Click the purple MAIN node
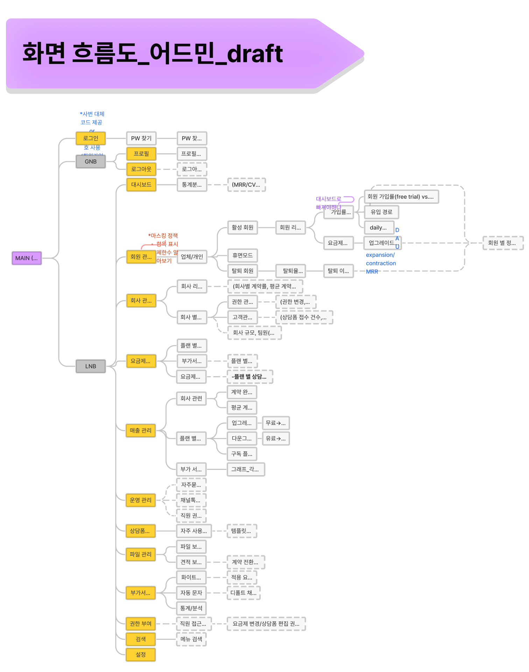(x=27, y=258)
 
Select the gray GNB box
(x=91, y=162)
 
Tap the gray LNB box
(x=91, y=366)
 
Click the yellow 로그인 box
(x=91, y=138)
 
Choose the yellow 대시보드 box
(x=141, y=185)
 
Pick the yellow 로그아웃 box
(x=141, y=169)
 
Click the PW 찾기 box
(x=141, y=138)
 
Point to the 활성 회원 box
(x=242, y=227)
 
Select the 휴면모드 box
(x=242, y=255)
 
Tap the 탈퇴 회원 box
(x=242, y=271)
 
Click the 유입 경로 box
(x=381, y=212)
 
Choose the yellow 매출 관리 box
(x=141, y=430)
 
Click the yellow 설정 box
(x=141, y=655)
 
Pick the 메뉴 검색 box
(x=191, y=639)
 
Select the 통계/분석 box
(x=191, y=608)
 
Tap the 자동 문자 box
(x=191, y=593)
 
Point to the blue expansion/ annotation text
(x=380, y=255)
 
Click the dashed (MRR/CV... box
(x=246, y=185)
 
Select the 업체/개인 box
(x=192, y=257)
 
